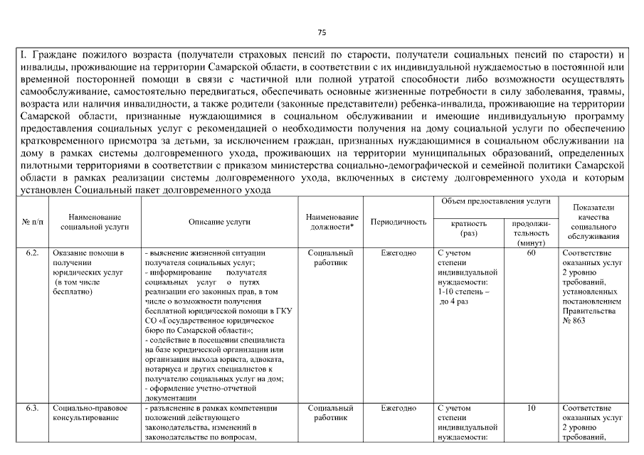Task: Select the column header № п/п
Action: (31, 222)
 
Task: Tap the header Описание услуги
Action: (219, 222)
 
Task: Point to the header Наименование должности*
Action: (331, 222)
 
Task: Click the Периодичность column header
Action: (398, 222)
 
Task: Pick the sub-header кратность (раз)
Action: (469, 227)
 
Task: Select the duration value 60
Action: (531, 253)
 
